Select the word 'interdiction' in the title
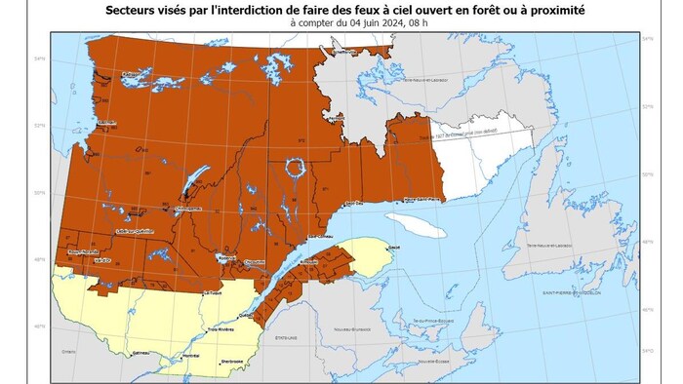pos(253,9)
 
